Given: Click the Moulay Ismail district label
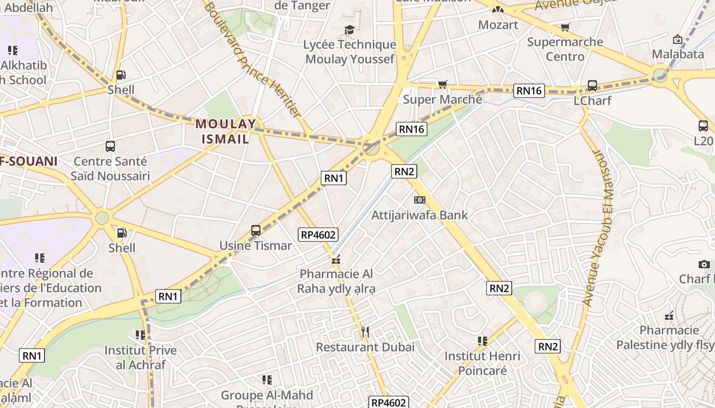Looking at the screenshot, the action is tap(225, 131).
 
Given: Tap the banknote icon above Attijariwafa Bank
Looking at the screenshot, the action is tap(419, 200).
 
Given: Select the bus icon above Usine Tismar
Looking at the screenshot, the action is tap(256, 231).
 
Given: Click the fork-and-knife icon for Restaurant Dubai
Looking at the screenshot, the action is tap(365, 333).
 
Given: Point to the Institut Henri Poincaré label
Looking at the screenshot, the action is tap(482, 363).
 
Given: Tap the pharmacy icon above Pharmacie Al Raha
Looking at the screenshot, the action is tap(336, 260).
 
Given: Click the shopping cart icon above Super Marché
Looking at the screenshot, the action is tap(442, 84).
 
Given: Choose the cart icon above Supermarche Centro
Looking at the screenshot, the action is tap(565, 27).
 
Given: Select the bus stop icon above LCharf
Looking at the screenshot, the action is tap(592, 85).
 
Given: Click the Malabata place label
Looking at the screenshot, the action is tap(678, 54).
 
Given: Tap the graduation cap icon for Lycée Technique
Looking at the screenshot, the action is tap(349, 30).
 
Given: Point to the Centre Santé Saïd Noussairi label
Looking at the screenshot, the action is tap(110, 169).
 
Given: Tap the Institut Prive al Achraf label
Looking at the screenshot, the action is tap(140, 358).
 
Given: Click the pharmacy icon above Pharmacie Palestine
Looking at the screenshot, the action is tap(669, 316).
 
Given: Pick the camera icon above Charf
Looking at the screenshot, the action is tap(704, 264).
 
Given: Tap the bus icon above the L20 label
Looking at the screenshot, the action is tap(703, 125).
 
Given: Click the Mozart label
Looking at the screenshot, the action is tap(498, 24).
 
